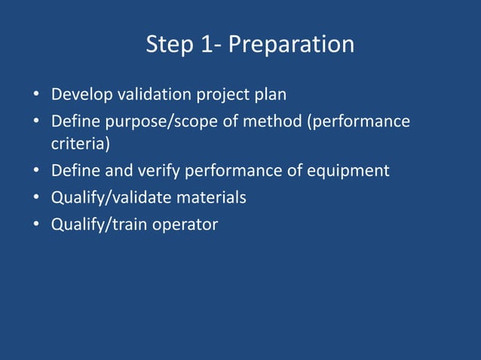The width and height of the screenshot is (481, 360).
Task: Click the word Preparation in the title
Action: (x=291, y=45)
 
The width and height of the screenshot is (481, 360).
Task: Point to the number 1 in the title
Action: (x=208, y=44)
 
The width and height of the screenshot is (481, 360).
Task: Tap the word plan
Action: (x=271, y=96)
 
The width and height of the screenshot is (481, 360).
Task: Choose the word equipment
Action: (x=351, y=171)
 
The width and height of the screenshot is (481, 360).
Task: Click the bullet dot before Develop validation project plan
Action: (x=35, y=96)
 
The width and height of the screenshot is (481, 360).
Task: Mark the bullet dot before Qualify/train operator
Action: (x=35, y=224)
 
